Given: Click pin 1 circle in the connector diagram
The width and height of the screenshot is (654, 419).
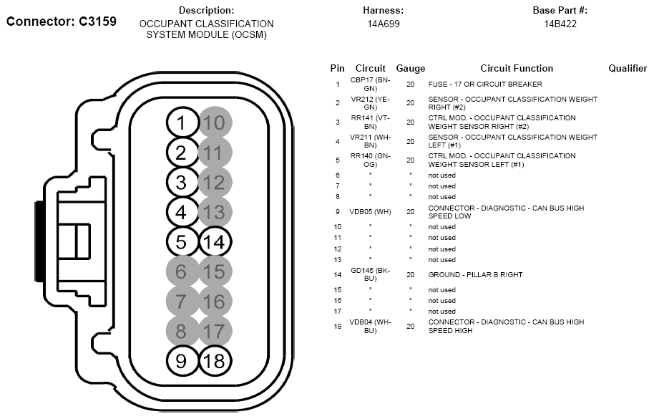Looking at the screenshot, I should pos(182,122).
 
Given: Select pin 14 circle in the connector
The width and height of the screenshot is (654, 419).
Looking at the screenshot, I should pos(213,241).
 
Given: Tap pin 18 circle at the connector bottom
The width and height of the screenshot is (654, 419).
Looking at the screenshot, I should pos(213,360).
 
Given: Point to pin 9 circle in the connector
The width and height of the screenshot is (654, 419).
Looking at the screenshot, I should pos(181,360).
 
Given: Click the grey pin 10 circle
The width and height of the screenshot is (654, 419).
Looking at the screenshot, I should pos(213,122).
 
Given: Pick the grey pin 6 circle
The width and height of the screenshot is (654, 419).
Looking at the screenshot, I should pos(181,271).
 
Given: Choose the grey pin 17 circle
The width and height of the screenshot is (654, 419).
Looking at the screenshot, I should pos(213,331).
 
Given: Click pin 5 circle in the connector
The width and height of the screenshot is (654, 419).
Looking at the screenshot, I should pos(181,241).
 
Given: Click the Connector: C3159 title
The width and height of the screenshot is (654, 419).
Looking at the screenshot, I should pos(62,21).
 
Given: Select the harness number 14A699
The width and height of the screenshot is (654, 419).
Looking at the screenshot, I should pos(383,24).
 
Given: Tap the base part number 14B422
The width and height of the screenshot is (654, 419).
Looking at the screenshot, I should pos(560,24).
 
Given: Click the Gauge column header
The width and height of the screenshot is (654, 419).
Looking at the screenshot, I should pos(410,69).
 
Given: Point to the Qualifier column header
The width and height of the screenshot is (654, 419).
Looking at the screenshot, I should pos(628,69).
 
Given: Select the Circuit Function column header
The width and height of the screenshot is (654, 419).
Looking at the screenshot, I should pos(517,69).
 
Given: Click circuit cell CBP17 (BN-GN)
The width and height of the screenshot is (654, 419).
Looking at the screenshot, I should pos(369,84).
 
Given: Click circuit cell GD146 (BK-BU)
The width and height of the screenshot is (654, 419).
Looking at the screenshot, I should pos(369,274).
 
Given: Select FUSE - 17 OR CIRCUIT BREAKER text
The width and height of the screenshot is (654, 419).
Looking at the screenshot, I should pos(475,85).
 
